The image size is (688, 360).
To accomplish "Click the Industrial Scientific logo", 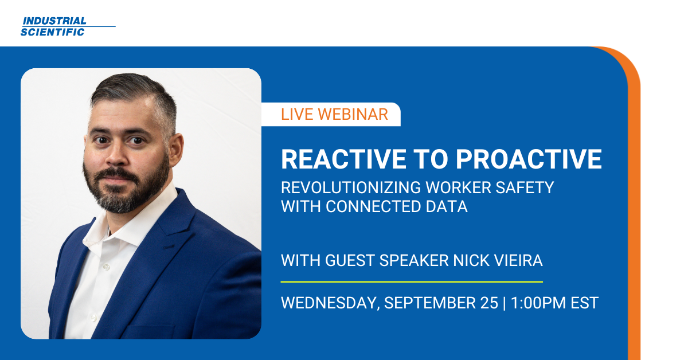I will [68, 26].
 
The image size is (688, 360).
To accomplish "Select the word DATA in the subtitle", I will [447, 206].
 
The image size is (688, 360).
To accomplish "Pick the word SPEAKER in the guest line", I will [412, 261].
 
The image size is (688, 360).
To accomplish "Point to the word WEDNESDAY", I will [329, 303].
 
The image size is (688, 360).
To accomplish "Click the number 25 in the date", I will [489, 303].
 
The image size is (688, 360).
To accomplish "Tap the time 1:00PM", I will [535, 303].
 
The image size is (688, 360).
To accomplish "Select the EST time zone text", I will [584, 303].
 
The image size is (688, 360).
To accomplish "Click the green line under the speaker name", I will [411, 282].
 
